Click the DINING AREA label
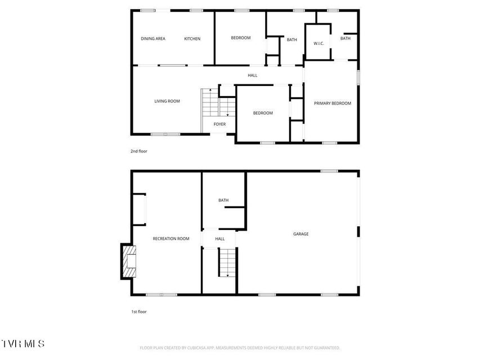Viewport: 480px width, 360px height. click(153, 39)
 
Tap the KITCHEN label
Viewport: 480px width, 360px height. click(192, 39)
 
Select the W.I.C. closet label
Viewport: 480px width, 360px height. click(318, 43)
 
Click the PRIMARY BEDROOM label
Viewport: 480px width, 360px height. click(333, 103)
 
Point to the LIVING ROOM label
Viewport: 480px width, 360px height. click(167, 101)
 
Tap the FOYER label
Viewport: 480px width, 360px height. click(219, 124)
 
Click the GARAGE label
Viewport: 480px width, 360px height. click(301, 234)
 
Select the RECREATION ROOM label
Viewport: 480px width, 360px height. click(171, 238)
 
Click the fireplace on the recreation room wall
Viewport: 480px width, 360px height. click(128, 262)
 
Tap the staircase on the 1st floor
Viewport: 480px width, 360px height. click(227, 262)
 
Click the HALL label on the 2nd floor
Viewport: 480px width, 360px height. click(253, 75)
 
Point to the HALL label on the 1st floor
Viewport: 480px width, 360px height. click(220, 238)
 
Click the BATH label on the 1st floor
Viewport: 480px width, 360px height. click(223, 200)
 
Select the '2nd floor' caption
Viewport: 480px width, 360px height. click(139, 151)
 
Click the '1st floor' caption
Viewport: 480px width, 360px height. click(139, 312)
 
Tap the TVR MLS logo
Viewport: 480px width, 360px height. click(23, 344)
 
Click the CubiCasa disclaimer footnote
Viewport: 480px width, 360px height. click(240, 348)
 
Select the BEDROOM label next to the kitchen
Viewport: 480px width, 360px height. click(241, 38)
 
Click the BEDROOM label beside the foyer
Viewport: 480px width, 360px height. click(263, 113)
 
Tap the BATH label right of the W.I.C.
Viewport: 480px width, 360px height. click(346, 38)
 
